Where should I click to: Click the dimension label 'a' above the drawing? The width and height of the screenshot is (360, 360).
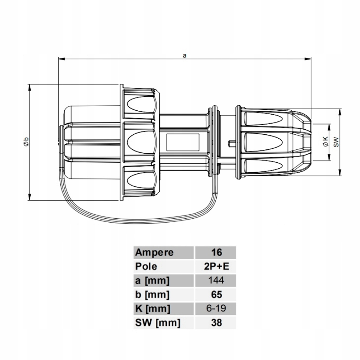(184, 55)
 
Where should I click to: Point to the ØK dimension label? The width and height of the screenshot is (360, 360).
(325, 142)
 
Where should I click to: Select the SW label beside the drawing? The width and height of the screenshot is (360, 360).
(336, 142)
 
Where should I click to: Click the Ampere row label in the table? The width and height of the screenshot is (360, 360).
(154, 253)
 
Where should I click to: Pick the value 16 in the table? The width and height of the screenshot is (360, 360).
(217, 252)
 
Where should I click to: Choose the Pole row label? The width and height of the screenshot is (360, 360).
(146, 266)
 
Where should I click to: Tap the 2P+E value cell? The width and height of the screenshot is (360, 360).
(217, 266)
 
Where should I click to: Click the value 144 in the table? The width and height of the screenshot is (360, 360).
(216, 280)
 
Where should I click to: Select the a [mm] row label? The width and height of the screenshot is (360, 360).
(152, 281)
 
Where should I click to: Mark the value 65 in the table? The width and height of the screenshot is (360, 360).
(217, 295)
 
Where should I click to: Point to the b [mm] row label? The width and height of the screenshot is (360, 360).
(152, 295)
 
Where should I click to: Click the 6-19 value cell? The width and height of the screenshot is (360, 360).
(216, 308)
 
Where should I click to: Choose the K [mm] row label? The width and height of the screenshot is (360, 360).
(153, 309)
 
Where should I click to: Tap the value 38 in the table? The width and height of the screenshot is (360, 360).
(217, 322)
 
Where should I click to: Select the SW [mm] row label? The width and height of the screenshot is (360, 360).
(158, 323)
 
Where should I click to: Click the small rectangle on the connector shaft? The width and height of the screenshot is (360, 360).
(183, 142)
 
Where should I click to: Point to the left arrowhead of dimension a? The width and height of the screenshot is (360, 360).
(62, 59)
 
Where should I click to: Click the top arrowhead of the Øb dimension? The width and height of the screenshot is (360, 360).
(29, 87)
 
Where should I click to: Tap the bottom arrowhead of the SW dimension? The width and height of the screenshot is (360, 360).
(340, 172)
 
